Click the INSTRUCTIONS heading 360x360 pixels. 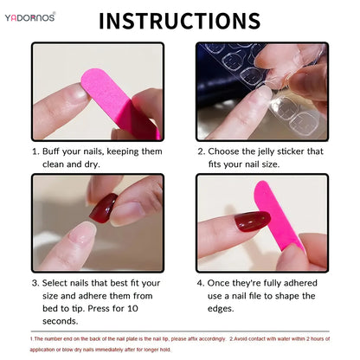click(x=180, y=21)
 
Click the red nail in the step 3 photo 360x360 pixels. click(x=105, y=207)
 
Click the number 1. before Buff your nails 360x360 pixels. click(x=37, y=151)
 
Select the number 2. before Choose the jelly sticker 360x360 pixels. click(x=202, y=151)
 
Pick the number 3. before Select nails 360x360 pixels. click(x=37, y=282)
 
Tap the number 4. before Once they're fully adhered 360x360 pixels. click(x=202, y=282)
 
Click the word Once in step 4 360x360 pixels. click(x=224, y=282)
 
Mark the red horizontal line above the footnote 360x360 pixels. click(x=180, y=334)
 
